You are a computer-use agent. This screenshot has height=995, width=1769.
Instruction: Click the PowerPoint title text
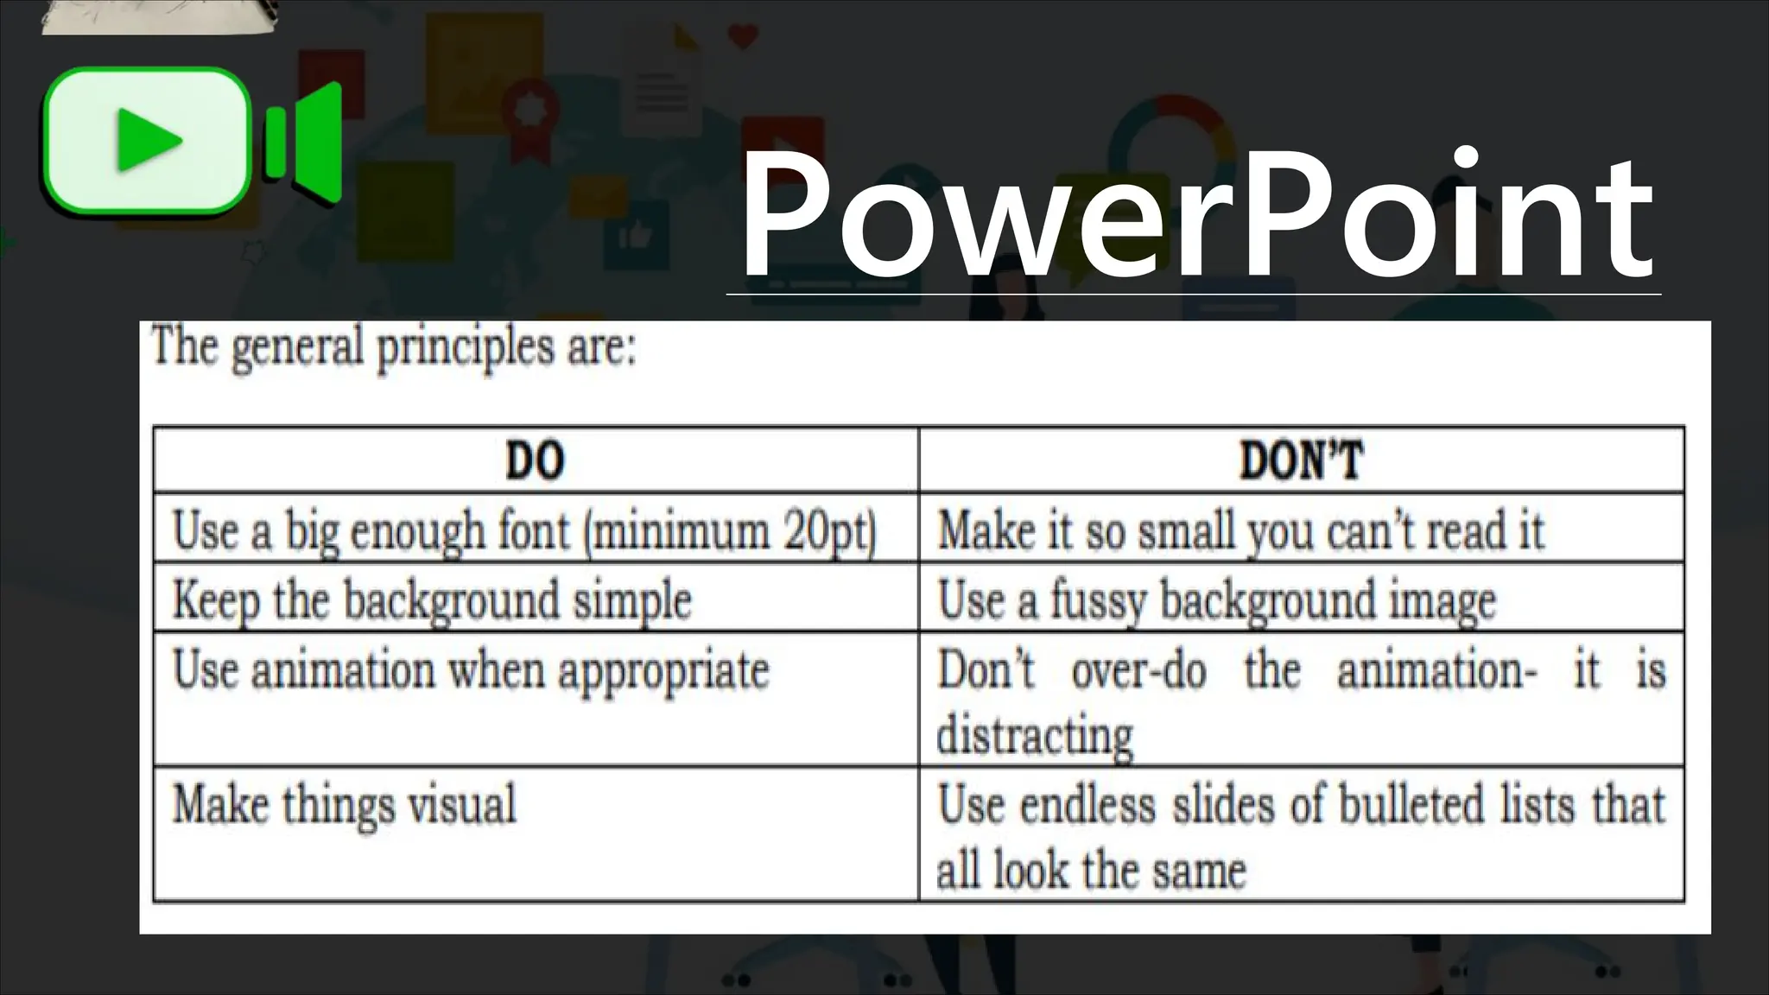(1196, 216)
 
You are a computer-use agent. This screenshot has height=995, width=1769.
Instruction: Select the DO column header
(535, 460)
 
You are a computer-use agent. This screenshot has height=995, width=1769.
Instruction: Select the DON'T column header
(1301, 460)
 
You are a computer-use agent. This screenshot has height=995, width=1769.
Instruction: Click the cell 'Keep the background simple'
(432, 599)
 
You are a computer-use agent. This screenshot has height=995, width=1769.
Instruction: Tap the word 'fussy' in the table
(1099, 599)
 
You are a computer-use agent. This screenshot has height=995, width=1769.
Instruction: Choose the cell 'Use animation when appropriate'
(471, 671)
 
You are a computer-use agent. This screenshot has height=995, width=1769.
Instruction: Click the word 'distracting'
(1035, 736)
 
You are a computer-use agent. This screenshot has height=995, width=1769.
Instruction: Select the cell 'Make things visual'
(344, 804)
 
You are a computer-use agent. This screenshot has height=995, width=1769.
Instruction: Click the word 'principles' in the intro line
(465, 347)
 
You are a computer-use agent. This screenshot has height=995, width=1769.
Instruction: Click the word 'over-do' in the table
(1138, 670)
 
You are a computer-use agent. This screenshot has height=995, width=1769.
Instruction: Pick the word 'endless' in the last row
(1087, 804)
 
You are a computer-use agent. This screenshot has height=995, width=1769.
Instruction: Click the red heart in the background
(743, 36)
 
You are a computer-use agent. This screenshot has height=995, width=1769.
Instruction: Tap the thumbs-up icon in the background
(637, 233)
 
